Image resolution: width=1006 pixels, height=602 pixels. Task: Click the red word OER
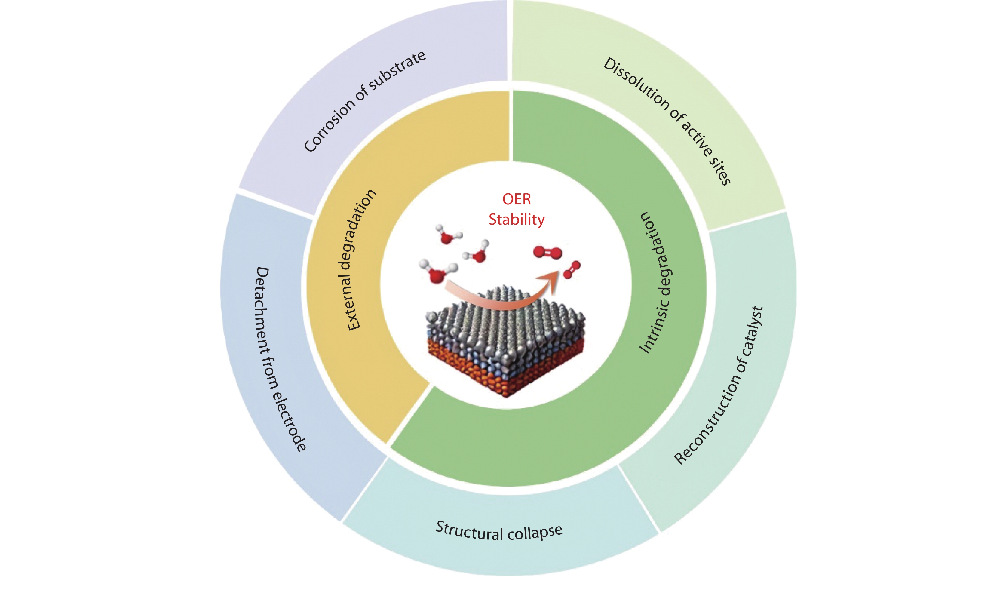pyautogui.click(x=517, y=199)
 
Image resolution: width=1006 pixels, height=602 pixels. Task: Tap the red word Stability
pyautogui.click(x=517, y=220)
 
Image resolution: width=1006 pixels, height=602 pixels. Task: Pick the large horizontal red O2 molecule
pyautogui.click(x=547, y=252)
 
